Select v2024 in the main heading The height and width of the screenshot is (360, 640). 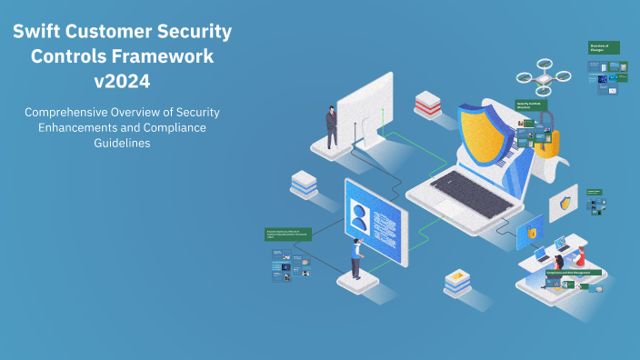[123, 80]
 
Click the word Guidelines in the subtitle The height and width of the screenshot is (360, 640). [122, 143]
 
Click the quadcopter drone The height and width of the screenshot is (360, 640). [543, 77]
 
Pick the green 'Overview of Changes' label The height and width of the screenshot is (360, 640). [604, 47]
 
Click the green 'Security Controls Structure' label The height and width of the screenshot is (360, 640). [532, 105]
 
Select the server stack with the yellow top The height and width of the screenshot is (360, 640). [456, 282]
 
